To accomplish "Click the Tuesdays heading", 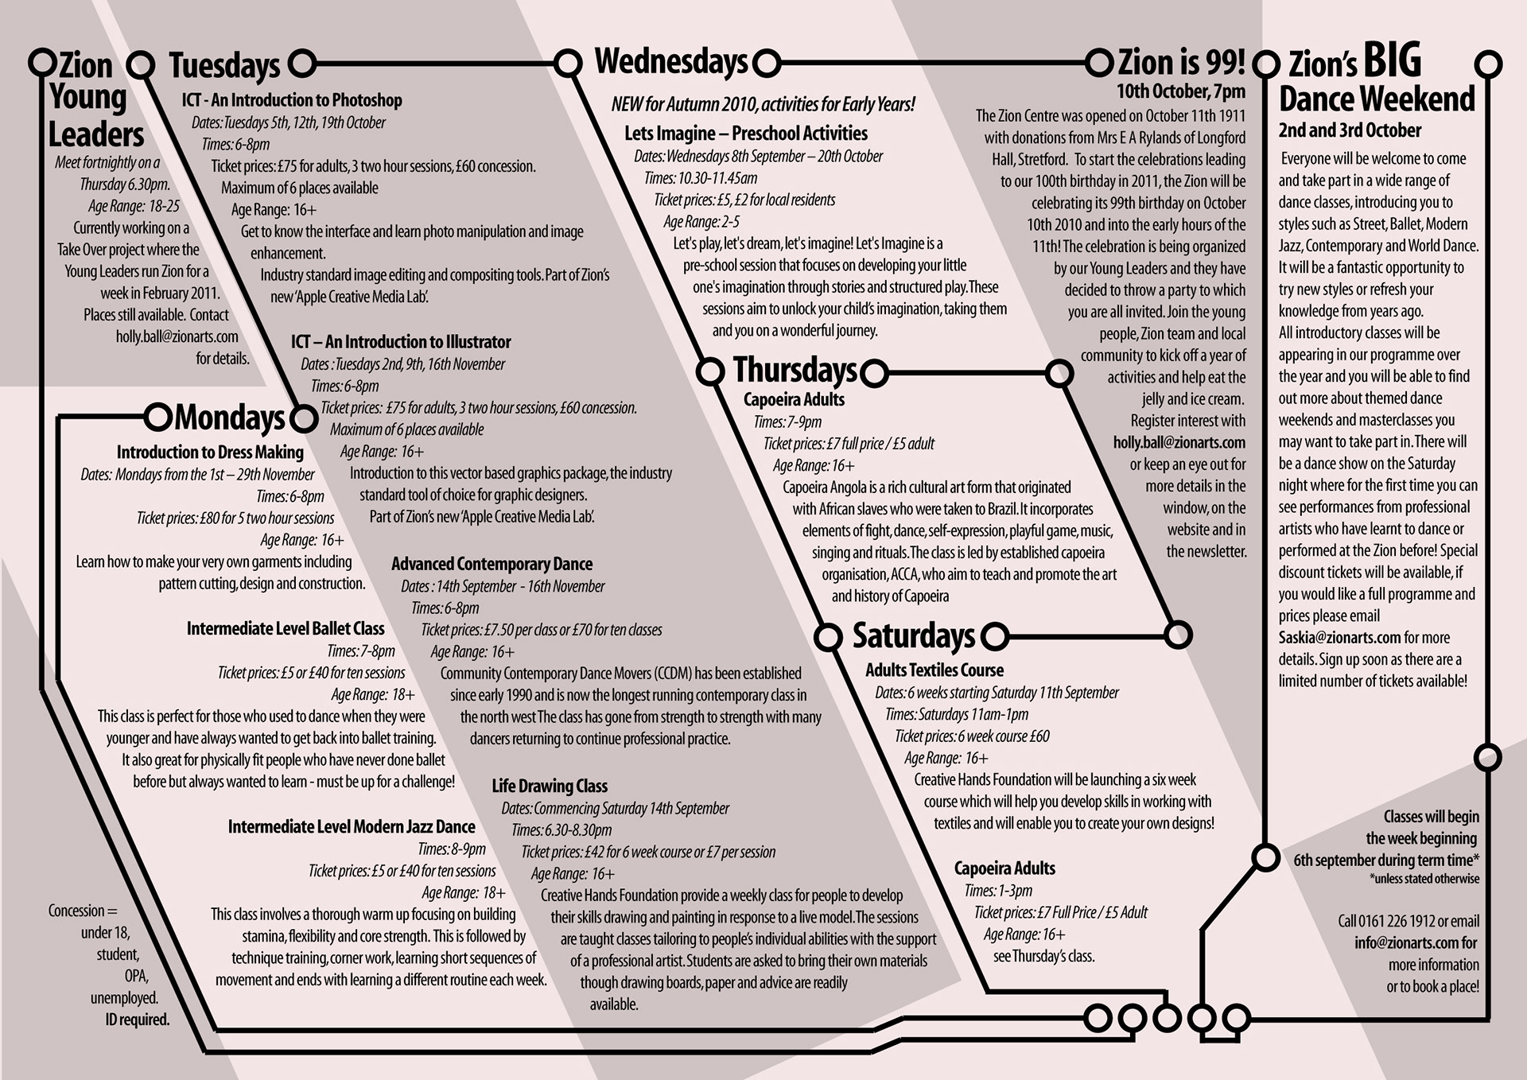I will point(224,66).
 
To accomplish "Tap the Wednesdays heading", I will point(671,62).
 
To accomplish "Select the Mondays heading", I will point(229,418).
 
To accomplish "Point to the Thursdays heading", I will point(795,370).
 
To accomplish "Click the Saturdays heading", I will point(913,635).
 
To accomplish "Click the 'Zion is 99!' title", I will point(1181,62).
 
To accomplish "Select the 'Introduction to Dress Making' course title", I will point(210,453).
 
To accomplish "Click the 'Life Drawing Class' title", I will point(550,787).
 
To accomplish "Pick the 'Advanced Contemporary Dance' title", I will point(492,565).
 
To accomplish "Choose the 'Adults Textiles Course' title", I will point(934,670).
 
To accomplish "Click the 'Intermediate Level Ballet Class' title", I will point(286,629).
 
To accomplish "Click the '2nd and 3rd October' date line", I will point(1350,130).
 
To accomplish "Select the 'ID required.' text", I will point(138,1020).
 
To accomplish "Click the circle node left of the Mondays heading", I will point(158,416).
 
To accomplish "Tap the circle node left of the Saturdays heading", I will point(828,636).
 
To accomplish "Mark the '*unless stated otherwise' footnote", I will point(1424,880).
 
